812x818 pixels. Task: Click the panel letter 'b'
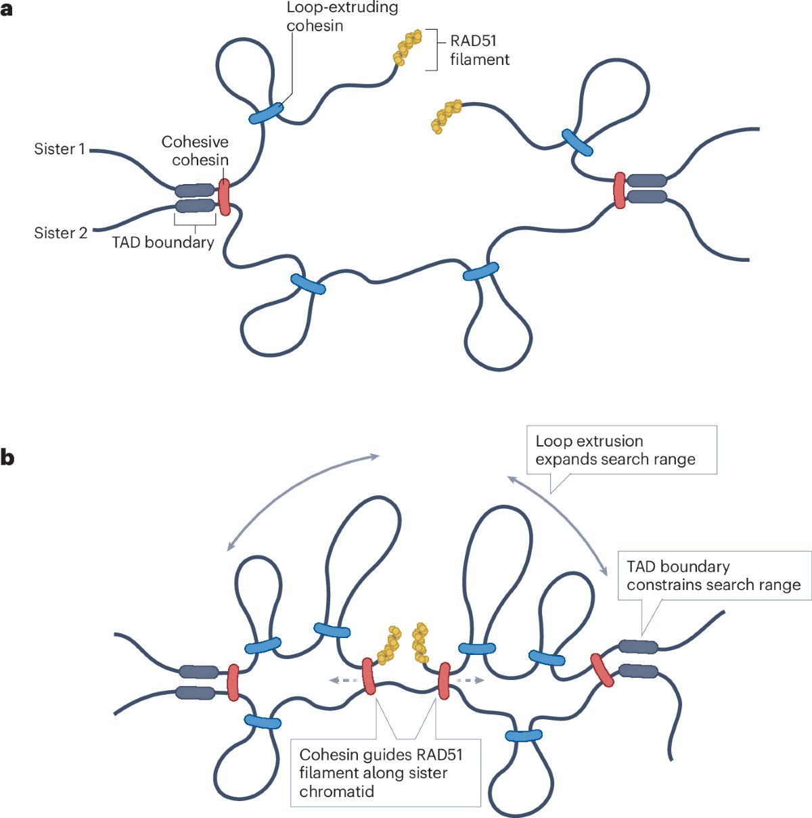pos(7,458)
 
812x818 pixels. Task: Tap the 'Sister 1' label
pos(60,149)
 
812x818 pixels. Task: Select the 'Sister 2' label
pos(60,233)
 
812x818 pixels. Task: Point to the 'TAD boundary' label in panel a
pos(163,242)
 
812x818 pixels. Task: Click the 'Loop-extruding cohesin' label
pos(342,17)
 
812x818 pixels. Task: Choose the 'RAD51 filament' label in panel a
pos(479,50)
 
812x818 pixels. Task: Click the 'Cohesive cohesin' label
pos(195,151)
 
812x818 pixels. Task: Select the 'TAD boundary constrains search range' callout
pos(713,576)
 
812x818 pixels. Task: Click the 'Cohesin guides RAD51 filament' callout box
pos(385,773)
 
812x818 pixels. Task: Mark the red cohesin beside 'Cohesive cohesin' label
pos(224,197)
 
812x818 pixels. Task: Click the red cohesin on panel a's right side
pos(619,190)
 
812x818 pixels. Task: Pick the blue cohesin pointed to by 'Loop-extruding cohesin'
pos(267,113)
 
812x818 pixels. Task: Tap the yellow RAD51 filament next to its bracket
pos(407,47)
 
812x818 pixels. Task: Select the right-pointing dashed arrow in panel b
pos(470,680)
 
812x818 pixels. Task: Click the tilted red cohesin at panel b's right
pos(602,670)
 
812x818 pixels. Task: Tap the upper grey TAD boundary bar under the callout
pos(638,646)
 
